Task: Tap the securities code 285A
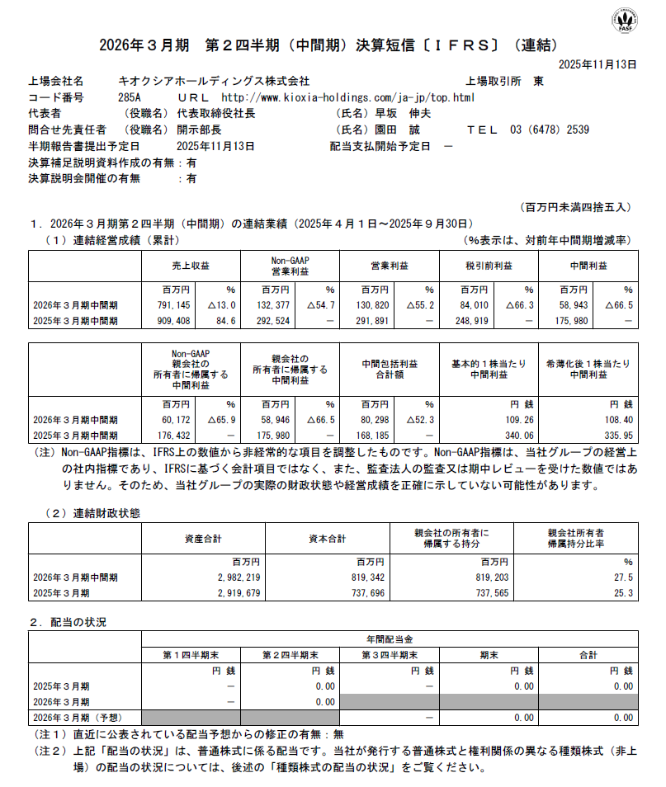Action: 130,97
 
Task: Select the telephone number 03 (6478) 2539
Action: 550,130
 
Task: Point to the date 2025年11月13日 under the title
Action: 598,64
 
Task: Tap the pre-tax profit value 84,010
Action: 471,304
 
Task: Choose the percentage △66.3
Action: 512,304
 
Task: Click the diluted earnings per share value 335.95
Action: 616,435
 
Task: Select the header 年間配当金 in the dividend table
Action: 390,639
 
